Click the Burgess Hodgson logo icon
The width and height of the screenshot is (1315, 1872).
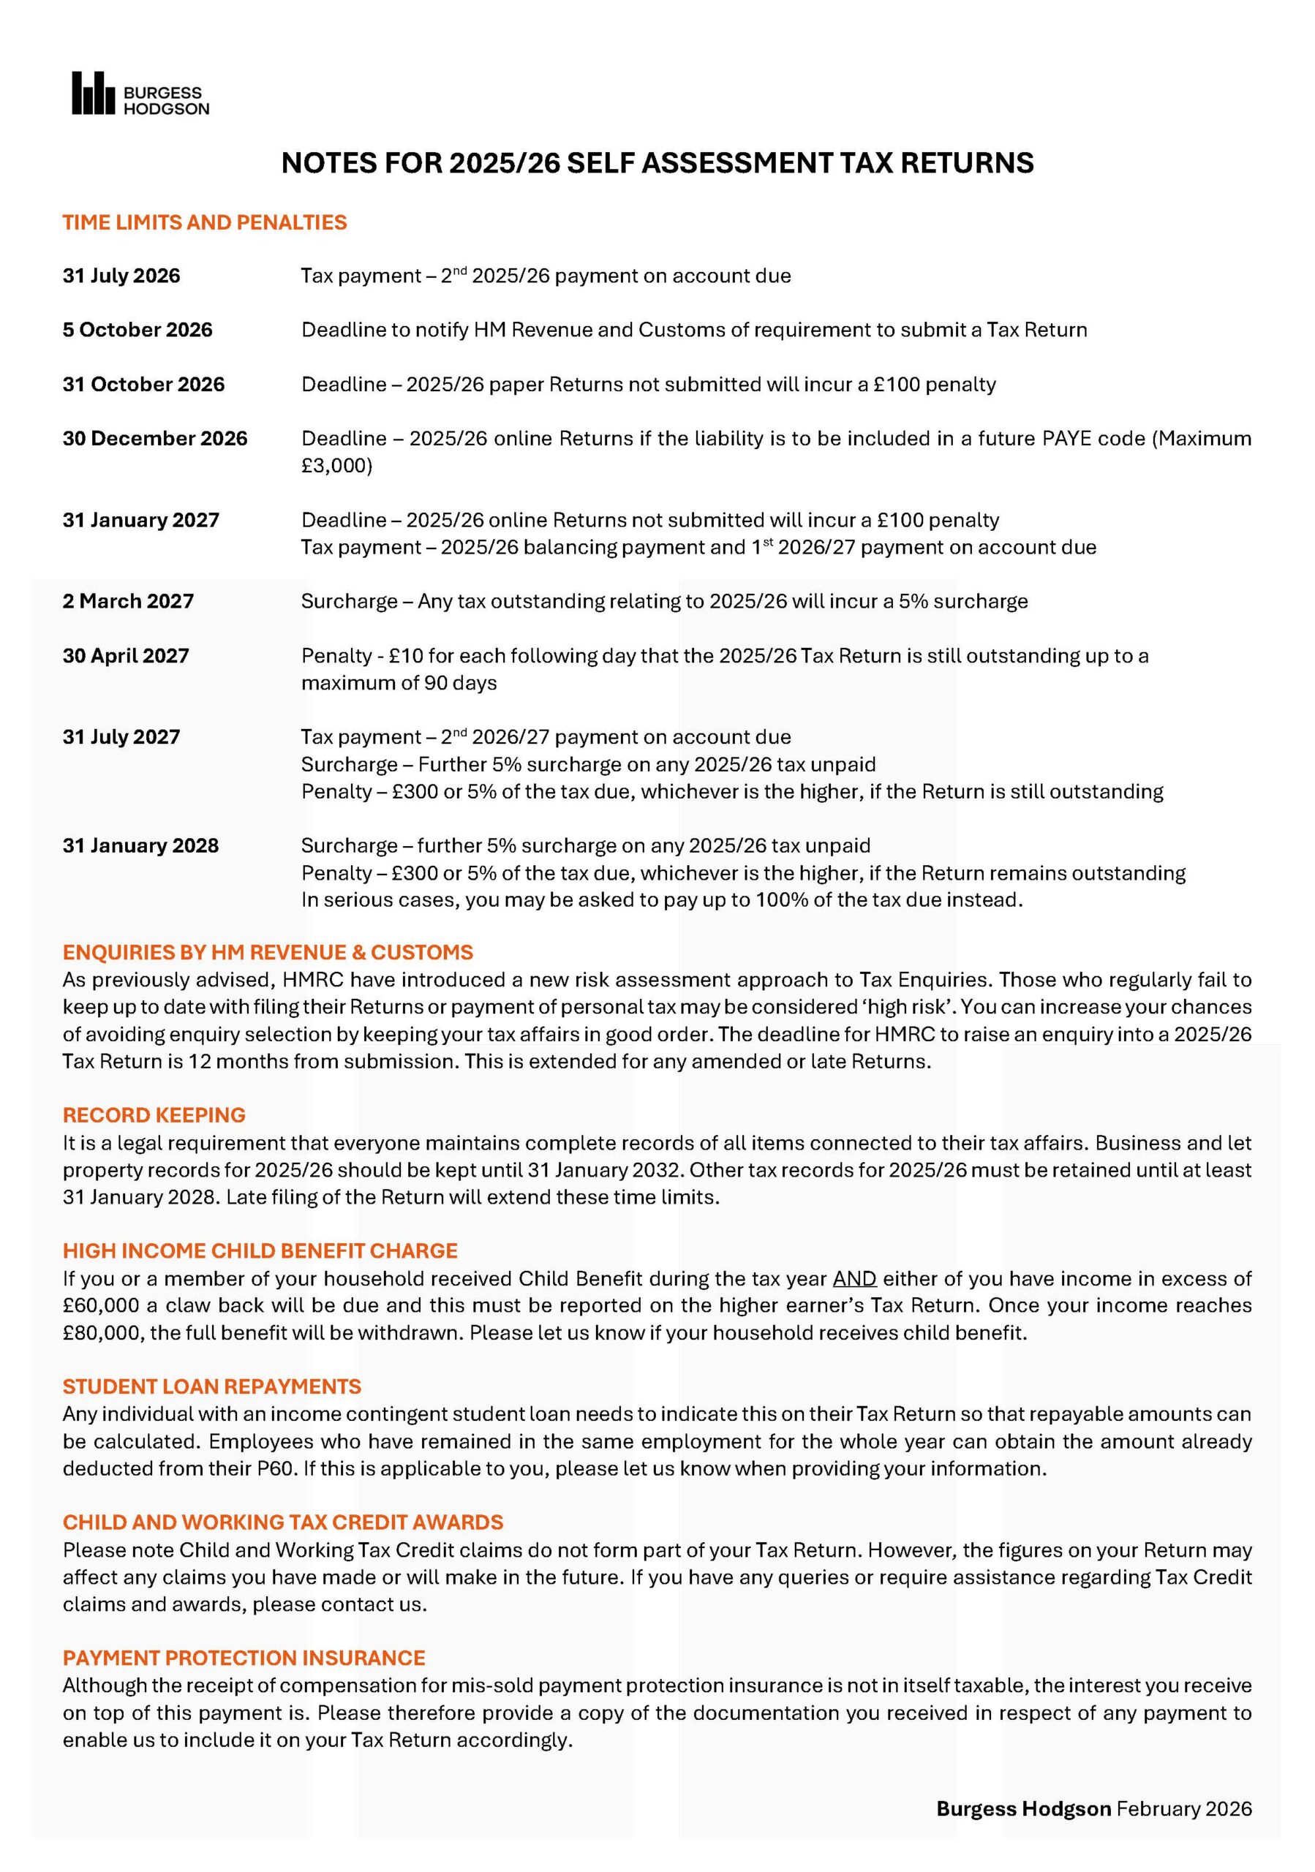(93, 93)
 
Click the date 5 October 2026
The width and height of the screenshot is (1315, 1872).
(137, 331)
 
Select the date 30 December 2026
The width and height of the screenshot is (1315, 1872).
(155, 439)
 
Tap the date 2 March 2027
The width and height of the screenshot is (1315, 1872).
(128, 602)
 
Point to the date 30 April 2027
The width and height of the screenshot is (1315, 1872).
(126, 657)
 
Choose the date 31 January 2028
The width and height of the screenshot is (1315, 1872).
(140, 846)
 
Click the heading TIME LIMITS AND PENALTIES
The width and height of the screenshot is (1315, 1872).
(205, 222)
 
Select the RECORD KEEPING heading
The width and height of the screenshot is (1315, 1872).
(154, 1115)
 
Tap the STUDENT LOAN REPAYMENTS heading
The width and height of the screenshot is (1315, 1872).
(212, 1387)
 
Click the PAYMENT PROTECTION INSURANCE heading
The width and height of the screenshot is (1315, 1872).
(244, 1658)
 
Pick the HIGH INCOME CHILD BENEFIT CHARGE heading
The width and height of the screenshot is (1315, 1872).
(260, 1251)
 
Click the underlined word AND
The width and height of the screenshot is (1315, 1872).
(854, 1279)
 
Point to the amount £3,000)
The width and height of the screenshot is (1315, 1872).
(336, 467)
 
